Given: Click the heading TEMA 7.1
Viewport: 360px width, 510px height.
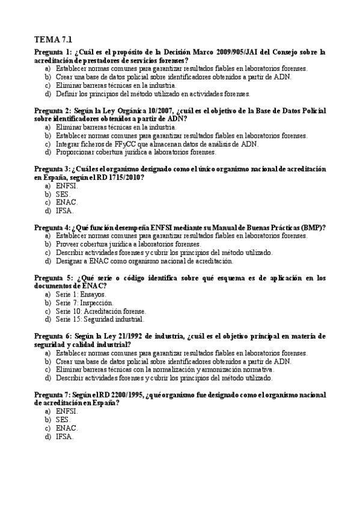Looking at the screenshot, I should [x=53, y=40].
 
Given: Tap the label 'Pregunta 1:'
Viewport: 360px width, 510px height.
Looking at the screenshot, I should [x=53, y=52].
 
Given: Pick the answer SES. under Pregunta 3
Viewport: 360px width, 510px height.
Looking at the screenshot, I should [x=63, y=194].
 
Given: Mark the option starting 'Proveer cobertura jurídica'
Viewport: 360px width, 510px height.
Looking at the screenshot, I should [x=128, y=244].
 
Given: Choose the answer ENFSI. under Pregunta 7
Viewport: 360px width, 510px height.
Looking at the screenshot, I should [x=67, y=411].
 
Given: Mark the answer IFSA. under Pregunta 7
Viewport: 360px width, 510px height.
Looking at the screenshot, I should [x=64, y=436].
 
